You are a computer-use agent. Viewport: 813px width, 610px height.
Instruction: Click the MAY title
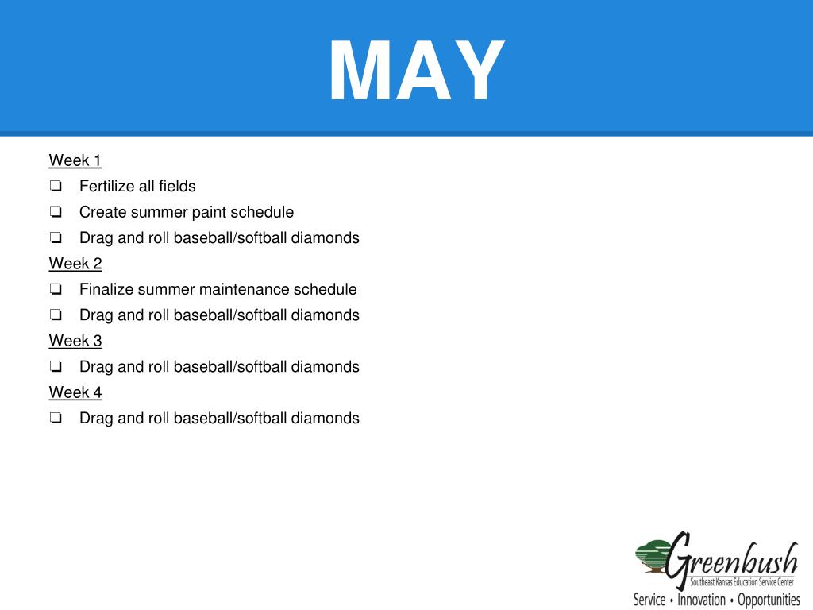point(417,71)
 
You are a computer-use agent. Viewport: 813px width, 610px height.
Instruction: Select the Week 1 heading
point(75,160)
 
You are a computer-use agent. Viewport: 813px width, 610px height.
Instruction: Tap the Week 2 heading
point(75,264)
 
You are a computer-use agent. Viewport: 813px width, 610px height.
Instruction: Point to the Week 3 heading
point(75,341)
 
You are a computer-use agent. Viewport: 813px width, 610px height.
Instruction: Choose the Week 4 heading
point(75,392)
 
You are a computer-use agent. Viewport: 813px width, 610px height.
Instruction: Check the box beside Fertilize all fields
point(56,187)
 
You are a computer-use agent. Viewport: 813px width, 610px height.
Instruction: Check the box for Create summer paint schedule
point(56,213)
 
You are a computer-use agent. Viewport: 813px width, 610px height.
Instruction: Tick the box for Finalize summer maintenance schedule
point(56,290)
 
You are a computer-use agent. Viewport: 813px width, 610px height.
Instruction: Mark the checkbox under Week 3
point(56,368)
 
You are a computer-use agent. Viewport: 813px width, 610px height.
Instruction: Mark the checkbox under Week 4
point(56,419)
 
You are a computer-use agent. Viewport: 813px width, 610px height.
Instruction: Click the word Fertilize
point(107,187)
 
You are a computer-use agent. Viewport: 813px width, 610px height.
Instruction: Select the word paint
point(207,212)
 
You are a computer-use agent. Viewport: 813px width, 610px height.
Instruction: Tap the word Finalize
point(106,289)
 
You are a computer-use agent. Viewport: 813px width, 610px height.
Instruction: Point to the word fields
point(177,187)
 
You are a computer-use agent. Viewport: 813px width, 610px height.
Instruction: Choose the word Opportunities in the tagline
point(769,600)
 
